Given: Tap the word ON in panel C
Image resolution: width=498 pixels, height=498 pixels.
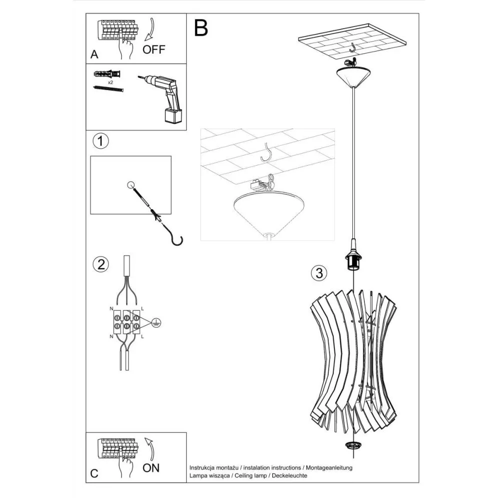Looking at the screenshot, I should point(151,468).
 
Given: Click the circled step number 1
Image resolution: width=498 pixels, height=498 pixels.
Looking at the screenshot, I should point(101,141).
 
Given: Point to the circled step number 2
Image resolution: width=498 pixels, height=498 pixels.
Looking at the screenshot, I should point(101,264).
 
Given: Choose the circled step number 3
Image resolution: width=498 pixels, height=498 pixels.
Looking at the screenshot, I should point(319,273).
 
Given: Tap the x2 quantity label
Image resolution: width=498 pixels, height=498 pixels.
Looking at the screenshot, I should point(110,81).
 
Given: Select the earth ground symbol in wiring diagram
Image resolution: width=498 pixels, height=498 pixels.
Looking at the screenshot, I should point(156,322).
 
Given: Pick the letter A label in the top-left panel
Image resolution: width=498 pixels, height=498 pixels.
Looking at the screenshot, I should point(94,55).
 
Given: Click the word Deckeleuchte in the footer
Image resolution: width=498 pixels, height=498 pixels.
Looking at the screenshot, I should point(288,475).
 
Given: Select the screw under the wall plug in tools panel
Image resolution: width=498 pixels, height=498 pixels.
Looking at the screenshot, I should point(108,89).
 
